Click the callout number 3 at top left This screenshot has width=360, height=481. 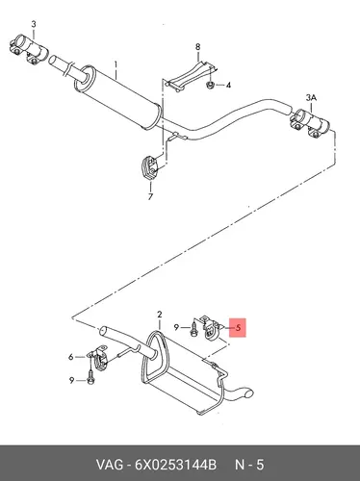coord(34,24)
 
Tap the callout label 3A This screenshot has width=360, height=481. coord(311,98)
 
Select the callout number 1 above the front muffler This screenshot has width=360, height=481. coord(116,65)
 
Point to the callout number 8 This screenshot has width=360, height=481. coord(197,47)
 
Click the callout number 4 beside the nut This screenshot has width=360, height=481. coord(228,86)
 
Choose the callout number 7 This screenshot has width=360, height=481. coord(150,196)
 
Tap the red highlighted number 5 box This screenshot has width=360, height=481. coord(238,328)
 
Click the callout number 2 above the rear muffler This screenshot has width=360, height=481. coord(160,315)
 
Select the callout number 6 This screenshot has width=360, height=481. coord(71,357)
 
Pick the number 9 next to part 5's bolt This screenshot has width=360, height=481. coord(176,327)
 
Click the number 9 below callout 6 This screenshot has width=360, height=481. coord(71,380)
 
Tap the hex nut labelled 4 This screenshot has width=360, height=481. coord(210,85)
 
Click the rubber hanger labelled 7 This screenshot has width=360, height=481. coord(148,166)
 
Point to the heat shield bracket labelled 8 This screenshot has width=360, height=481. coord(192,77)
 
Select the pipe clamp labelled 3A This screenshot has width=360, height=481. coord(310,123)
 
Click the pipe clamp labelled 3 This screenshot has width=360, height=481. coord(28,50)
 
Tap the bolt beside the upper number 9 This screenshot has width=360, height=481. coord(193,328)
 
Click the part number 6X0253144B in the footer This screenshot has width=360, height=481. coord(175,465)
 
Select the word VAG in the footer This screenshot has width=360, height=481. coord(109,465)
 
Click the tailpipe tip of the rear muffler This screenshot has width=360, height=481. coord(249,393)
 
